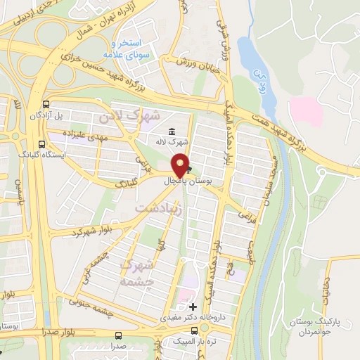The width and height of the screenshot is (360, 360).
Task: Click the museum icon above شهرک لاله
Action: coord(172,131)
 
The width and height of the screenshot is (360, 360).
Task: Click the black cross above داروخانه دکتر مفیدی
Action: coord(193,307)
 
